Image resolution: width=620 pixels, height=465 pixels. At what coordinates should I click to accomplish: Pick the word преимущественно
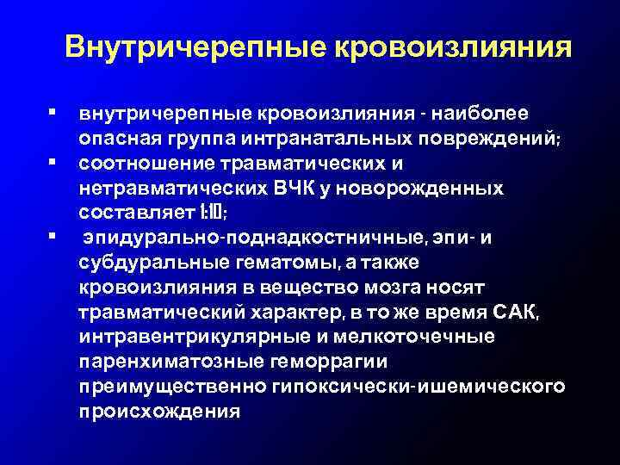(172, 384)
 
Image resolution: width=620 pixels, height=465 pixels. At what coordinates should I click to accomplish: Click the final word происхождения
(160, 409)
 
